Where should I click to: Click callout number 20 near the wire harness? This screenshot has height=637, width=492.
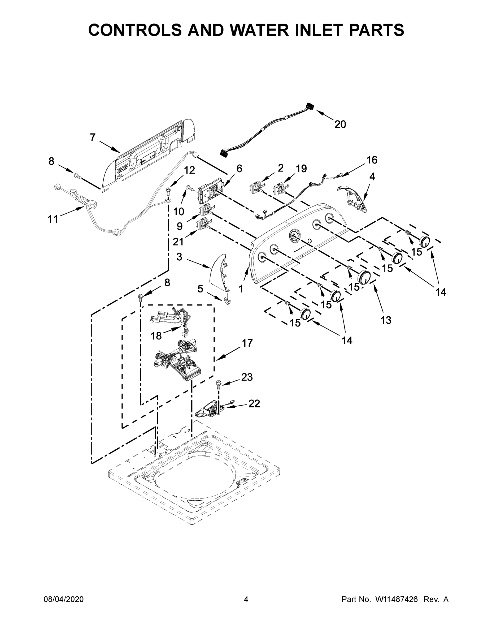pos(340,124)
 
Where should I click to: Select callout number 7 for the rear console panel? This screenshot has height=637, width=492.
pos(93,137)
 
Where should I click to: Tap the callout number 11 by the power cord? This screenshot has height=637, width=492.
pos(53,219)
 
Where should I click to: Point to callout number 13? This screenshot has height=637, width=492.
pos(386,320)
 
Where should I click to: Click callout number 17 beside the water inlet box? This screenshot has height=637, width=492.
pos(247,343)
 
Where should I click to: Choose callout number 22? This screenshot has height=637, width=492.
pos(254,404)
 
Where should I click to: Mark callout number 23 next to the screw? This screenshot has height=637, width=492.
pos(247,377)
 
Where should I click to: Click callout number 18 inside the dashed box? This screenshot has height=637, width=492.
pos(156,336)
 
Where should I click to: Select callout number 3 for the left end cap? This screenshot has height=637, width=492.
pos(179,257)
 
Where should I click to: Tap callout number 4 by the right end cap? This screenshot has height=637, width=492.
pos(372,177)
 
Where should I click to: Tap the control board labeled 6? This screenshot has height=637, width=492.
pos(210,191)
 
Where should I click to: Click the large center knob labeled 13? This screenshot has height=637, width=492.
pos(364,277)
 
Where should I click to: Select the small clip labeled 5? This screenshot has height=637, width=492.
pos(227,301)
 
